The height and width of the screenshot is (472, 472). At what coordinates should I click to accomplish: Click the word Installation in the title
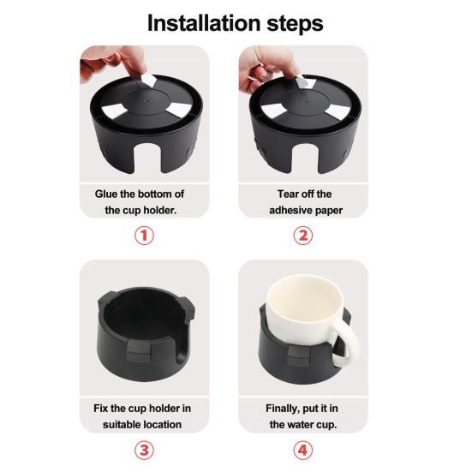(x=204, y=23)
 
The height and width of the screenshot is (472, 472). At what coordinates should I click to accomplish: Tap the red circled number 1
(x=144, y=236)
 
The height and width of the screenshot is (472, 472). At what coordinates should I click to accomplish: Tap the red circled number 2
(x=303, y=236)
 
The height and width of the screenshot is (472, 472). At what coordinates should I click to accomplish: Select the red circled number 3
(x=144, y=450)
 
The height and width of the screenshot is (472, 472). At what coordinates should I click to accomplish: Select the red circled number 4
(x=303, y=450)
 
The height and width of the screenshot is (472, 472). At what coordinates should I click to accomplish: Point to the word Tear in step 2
(x=288, y=194)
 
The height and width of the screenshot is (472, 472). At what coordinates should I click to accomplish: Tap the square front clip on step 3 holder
(x=138, y=351)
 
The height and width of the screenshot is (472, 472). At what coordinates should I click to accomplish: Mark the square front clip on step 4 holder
(x=299, y=355)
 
